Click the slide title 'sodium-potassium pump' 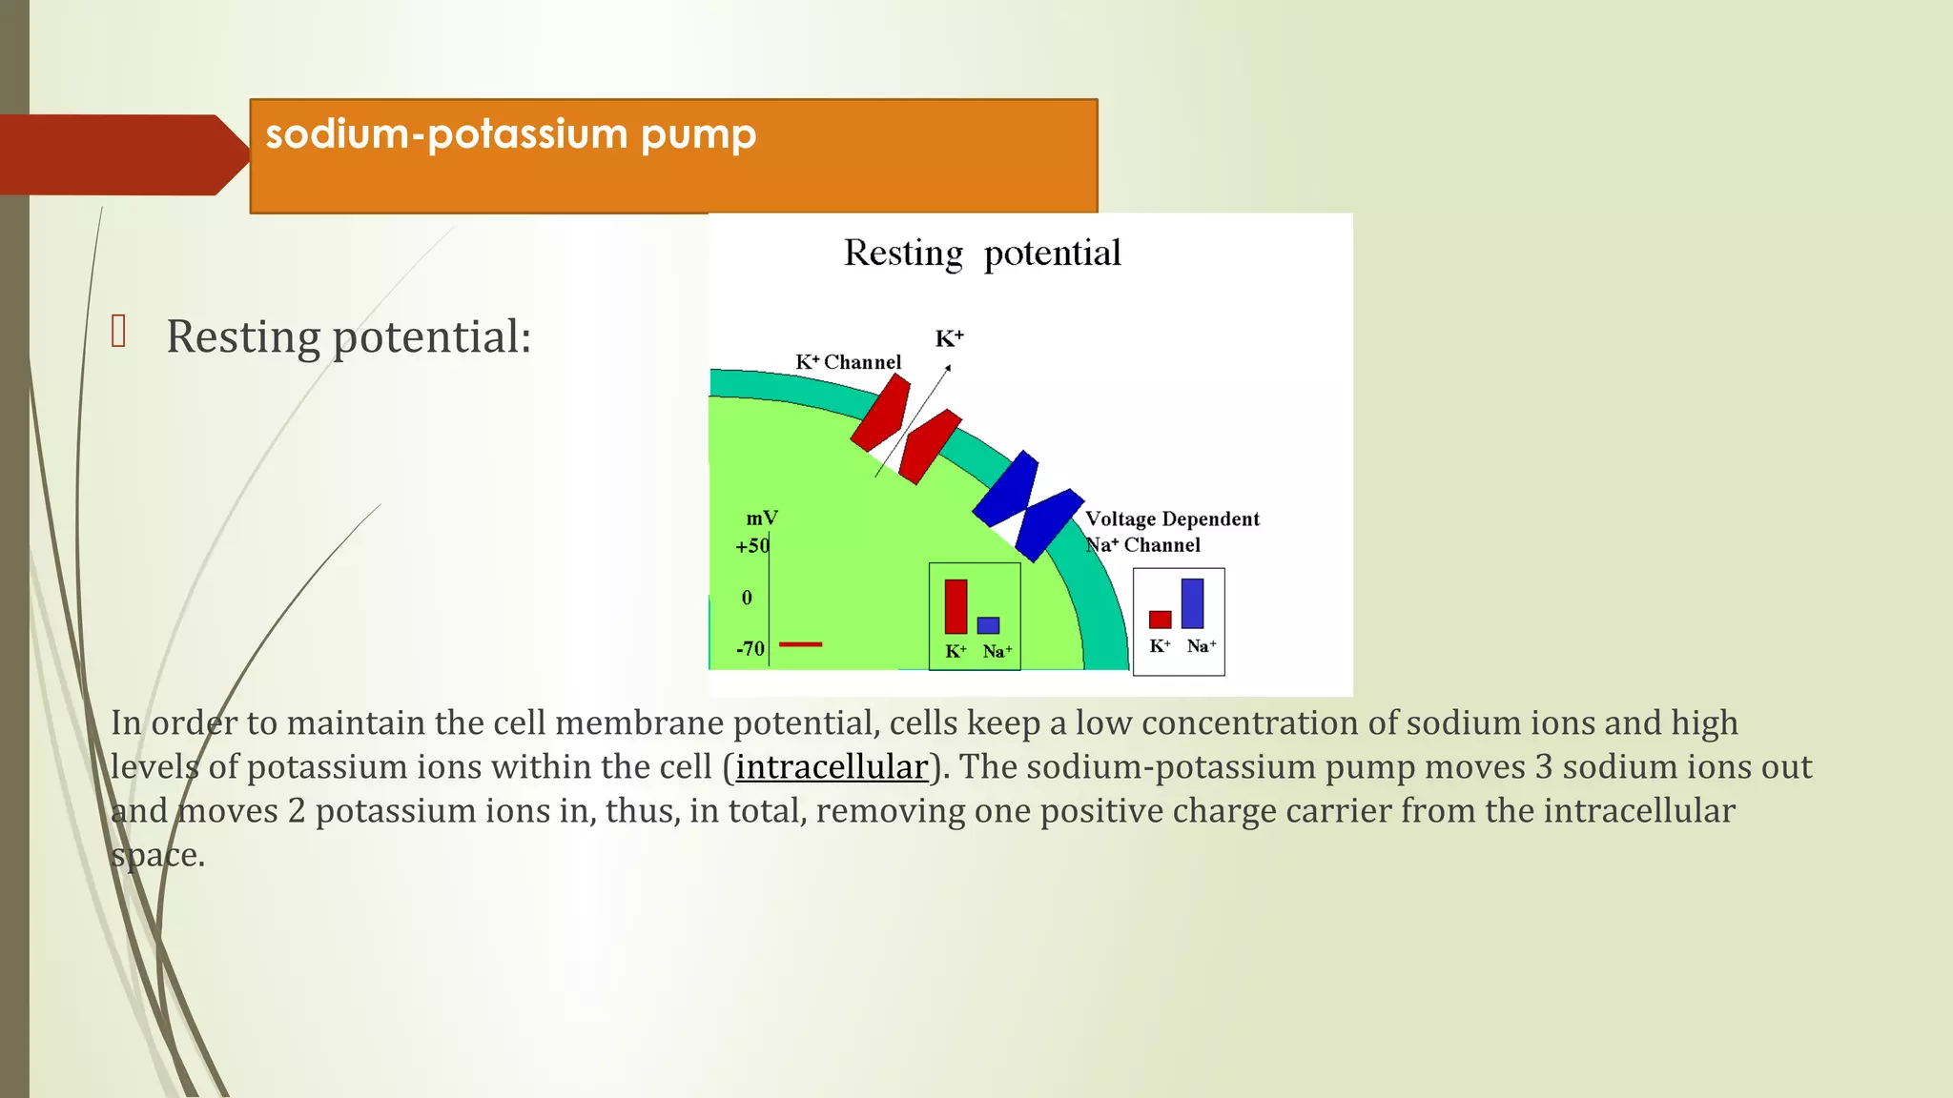tap(510, 134)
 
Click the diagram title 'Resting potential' tap(982, 254)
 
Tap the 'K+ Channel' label tap(848, 362)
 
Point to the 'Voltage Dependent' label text tap(1172, 519)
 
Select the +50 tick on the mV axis tap(751, 546)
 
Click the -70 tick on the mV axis tap(750, 649)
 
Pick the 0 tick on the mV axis tap(747, 598)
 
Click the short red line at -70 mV tap(800, 645)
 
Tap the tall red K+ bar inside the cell tap(956, 606)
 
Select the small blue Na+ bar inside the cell tap(988, 625)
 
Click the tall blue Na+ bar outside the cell tap(1192, 603)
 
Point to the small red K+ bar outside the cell tap(1160, 620)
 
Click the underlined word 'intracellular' tap(832, 767)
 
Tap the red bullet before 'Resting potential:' tap(119, 332)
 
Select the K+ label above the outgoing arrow tap(949, 338)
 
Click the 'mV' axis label tap(761, 518)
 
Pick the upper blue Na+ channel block tap(1006, 489)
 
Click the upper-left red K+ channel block tap(880, 414)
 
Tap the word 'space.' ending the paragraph tap(157, 855)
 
